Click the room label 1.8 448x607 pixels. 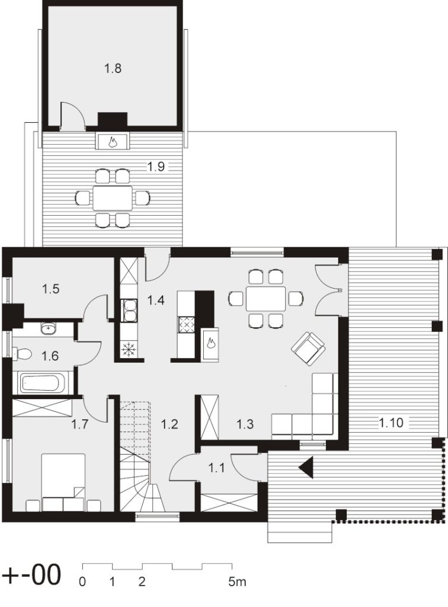click(x=113, y=69)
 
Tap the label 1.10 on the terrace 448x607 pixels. click(x=391, y=423)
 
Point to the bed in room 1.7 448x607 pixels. click(x=63, y=483)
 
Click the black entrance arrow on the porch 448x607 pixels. click(x=306, y=468)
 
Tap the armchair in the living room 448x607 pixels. click(x=308, y=349)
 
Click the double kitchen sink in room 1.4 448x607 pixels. click(x=129, y=311)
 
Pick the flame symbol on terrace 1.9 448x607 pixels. click(x=113, y=142)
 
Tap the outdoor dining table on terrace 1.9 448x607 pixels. click(x=112, y=198)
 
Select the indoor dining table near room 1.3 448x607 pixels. click(x=266, y=299)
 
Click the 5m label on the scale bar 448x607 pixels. click(x=237, y=582)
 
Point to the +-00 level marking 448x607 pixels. click(x=32, y=574)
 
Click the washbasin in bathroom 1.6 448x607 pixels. click(x=48, y=328)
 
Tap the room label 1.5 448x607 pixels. click(x=51, y=289)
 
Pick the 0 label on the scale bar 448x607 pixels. click(x=82, y=582)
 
